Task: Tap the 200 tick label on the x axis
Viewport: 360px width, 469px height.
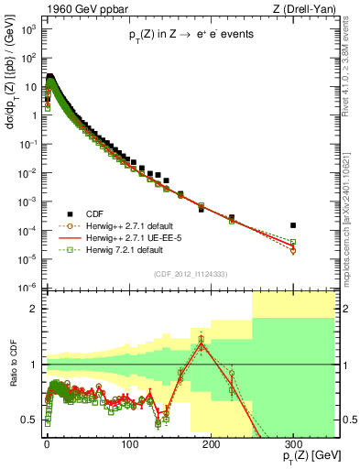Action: [211, 442]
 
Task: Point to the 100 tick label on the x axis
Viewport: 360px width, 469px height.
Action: [129, 442]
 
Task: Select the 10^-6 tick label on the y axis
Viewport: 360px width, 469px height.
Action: [28, 287]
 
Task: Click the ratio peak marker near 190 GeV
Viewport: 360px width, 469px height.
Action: [201, 339]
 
